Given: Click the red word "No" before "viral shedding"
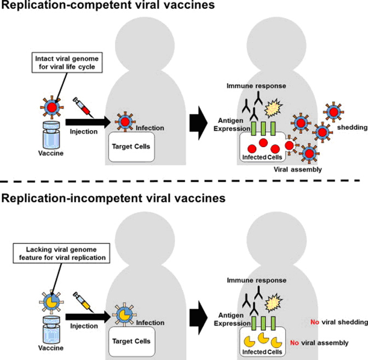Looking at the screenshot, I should pos(314,322).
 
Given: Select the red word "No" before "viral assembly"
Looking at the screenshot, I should pos(294,343).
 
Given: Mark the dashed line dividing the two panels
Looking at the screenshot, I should pos(184,181).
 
